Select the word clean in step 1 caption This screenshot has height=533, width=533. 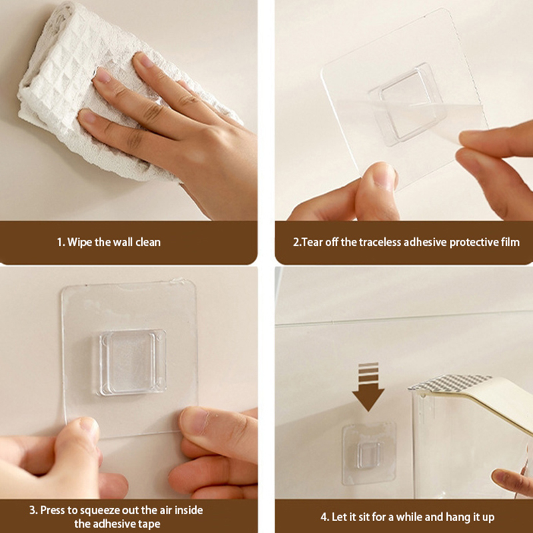coord(148,243)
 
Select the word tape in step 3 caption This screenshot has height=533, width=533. coord(149,524)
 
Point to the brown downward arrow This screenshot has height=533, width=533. coord(368,388)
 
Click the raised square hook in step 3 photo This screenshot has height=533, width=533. coord(131,362)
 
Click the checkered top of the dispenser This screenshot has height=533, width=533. coord(450,382)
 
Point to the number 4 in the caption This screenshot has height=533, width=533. coord(324,518)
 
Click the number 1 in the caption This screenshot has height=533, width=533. coord(60,243)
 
